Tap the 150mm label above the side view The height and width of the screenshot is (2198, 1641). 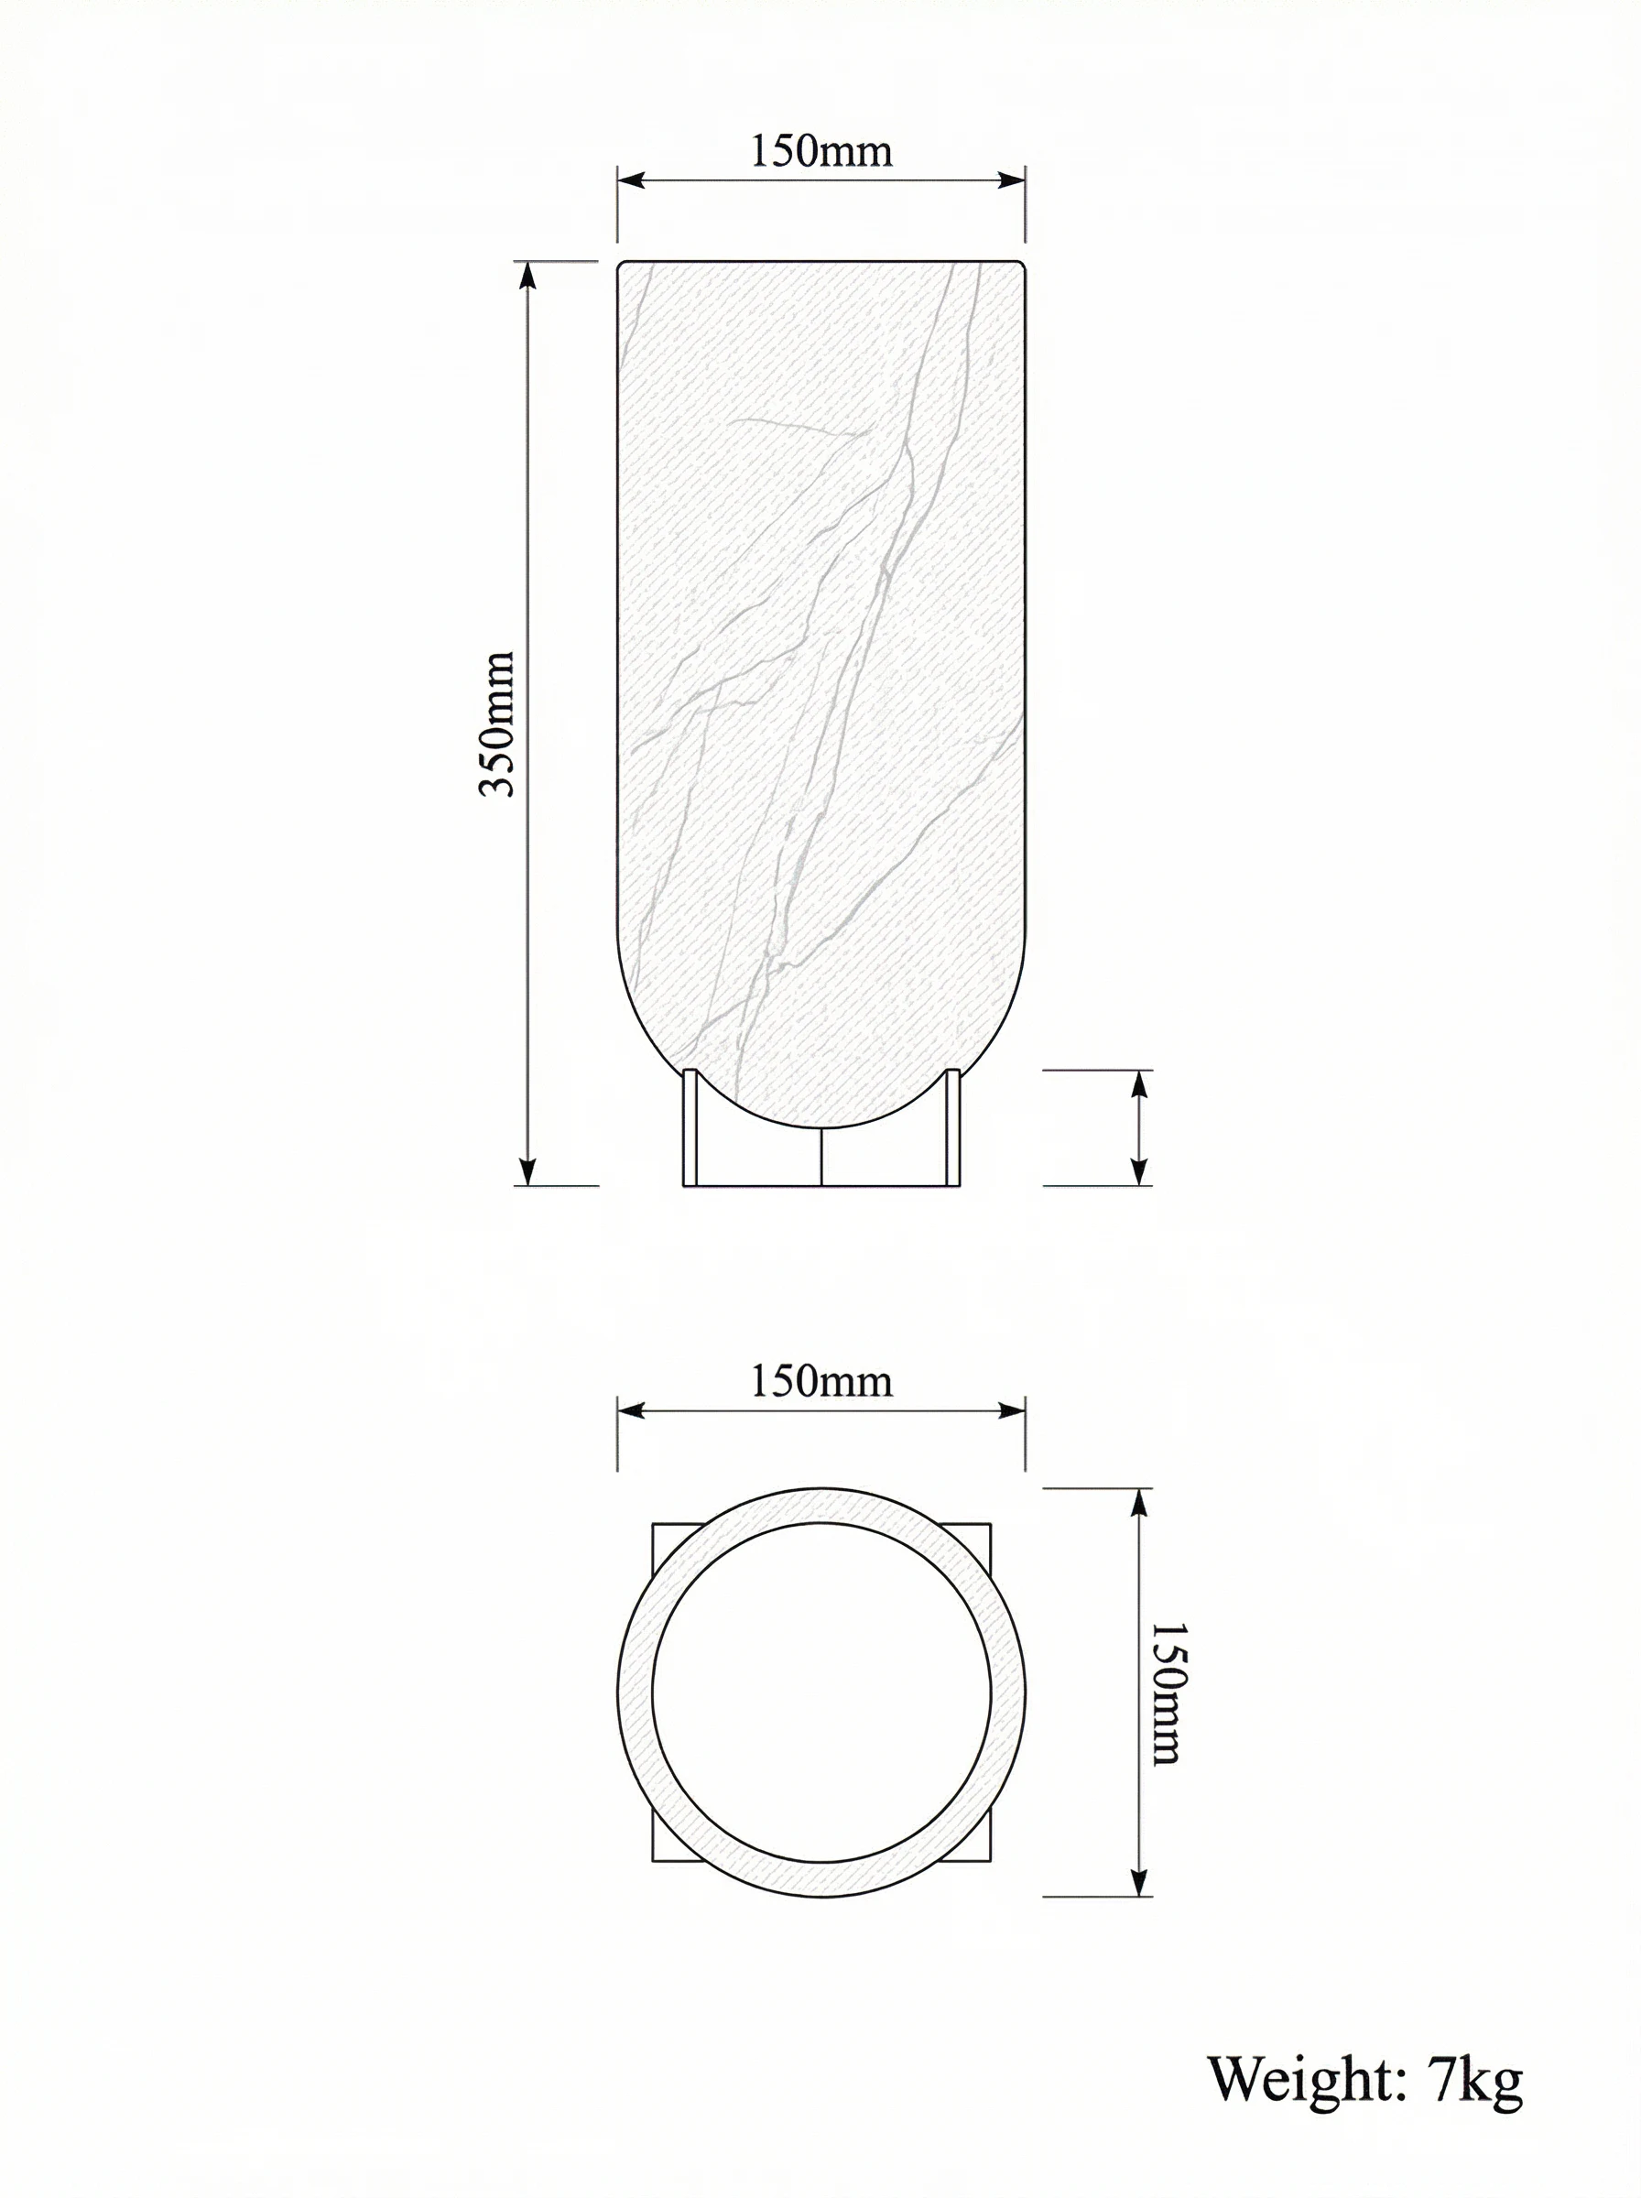tap(820, 151)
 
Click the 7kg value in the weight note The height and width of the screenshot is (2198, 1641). tap(1475, 2078)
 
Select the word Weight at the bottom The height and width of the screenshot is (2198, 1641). tap(1304, 2078)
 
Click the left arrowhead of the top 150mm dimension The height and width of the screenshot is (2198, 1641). tap(630, 180)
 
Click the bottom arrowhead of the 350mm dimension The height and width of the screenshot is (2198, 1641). tap(527, 1173)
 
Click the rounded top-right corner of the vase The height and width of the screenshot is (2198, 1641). tap(1021, 267)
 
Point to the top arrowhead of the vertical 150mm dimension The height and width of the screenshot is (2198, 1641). tap(1140, 1501)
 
